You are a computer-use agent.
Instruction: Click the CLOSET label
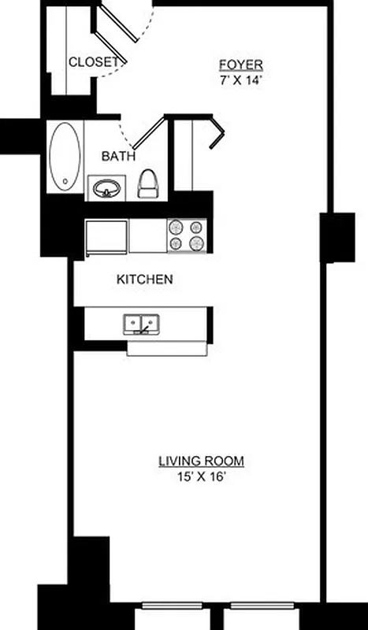coord(94,61)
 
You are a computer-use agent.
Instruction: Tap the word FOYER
coord(241,65)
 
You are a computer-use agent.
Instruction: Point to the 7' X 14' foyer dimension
coord(241,79)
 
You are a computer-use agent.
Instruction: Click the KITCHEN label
coord(144,279)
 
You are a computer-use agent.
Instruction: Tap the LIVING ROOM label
coord(201,461)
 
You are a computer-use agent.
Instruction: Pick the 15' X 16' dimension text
coord(201,476)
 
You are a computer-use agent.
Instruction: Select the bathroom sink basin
coord(106,189)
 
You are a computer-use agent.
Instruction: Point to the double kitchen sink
coord(143,323)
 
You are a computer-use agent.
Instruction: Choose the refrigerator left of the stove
coord(106,236)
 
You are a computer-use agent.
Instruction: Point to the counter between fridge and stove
coord(147,235)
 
